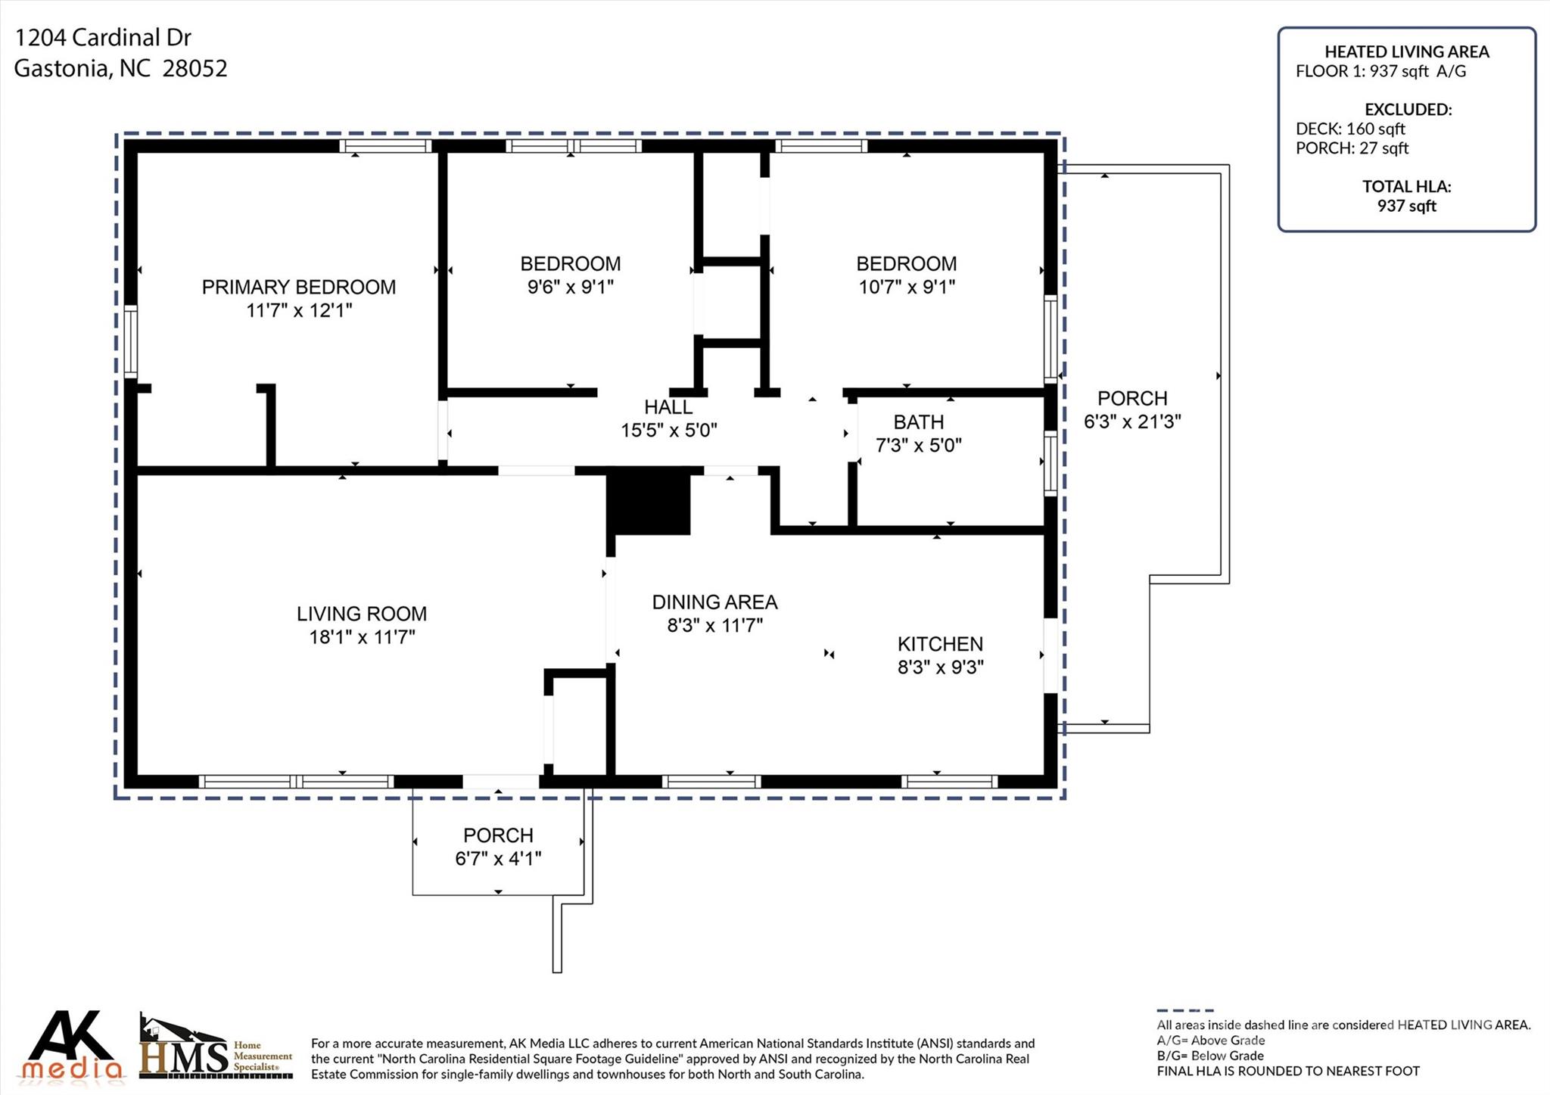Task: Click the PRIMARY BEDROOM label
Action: pyautogui.click(x=299, y=287)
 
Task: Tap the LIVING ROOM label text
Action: pyautogui.click(x=362, y=614)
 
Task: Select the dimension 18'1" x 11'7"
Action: pyautogui.click(x=362, y=637)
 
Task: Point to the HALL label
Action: pyautogui.click(x=668, y=407)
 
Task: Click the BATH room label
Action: pyautogui.click(x=919, y=422)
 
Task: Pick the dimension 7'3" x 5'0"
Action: pyautogui.click(x=919, y=445)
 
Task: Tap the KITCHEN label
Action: pyautogui.click(x=940, y=644)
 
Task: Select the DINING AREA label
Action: pyautogui.click(x=714, y=602)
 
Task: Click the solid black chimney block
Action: pyautogui.click(x=649, y=501)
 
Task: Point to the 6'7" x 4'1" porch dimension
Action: pyautogui.click(x=498, y=859)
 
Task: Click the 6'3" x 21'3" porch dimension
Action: pyautogui.click(x=1132, y=422)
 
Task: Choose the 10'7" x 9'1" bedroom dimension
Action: pyautogui.click(x=907, y=287)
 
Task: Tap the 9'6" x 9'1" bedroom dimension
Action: pyautogui.click(x=571, y=287)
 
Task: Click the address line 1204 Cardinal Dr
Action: pyautogui.click(x=103, y=37)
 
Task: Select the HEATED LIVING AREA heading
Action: pyautogui.click(x=1407, y=51)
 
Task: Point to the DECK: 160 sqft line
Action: pyautogui.click(x=1350, y=129)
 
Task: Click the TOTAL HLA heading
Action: pyautogui.click(x=1407, y=186)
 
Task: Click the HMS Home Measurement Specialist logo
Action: pyautogui.click(x=216, y=1047)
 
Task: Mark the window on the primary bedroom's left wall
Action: pyautogui.click(x=131, y=341)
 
